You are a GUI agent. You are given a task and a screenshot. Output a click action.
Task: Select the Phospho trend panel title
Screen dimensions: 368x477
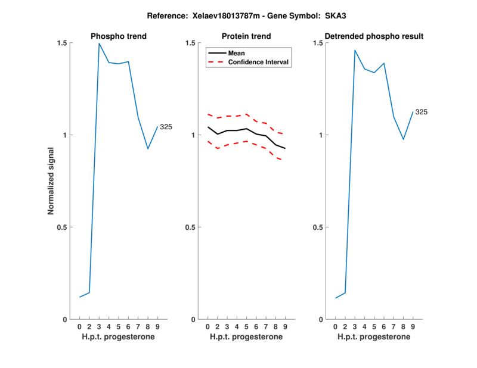(x=119, y=36)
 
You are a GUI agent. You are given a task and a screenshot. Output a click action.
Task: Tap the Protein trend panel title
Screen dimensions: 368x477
(x=246, y=36)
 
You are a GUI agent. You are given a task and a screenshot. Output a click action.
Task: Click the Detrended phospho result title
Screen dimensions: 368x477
(x=374, y=36)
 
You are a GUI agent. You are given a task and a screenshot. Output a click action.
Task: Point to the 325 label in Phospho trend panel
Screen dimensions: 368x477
(x=166, y=127)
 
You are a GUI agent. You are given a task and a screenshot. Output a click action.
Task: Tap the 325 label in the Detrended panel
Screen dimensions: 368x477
(x=422, y=112)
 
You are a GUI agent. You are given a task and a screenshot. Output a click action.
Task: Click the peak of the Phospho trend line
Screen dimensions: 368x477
(x=99, y=43)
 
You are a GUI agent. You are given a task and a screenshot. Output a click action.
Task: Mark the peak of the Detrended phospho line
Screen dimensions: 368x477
(x=355, y=51)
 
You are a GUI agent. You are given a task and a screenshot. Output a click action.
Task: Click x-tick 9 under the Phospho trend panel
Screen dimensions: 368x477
(x=157, y=327)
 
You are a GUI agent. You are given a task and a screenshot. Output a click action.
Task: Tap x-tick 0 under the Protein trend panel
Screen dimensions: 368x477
(x=207, y=327)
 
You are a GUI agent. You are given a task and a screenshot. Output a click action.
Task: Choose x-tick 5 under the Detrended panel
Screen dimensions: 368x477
(x=374, y=327)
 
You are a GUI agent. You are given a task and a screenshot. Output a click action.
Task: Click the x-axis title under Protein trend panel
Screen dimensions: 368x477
(x=246, y=337)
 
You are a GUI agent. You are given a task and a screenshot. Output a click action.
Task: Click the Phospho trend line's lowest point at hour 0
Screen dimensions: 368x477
(x=80, y=297)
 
